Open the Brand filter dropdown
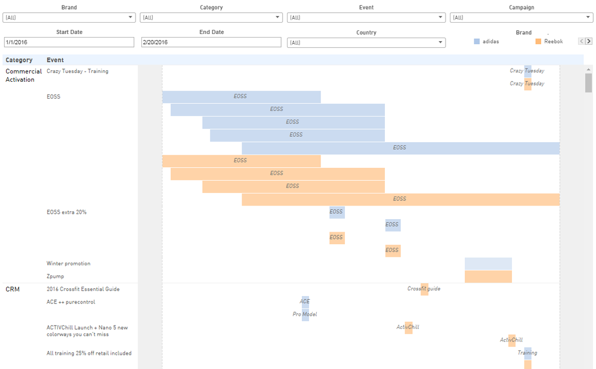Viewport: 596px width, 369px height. pyautogui.click(x=69, y=17)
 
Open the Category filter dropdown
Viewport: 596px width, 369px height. pyautogui.click(x=211, y=17)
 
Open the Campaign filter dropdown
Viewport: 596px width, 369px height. pyautogui.click(x=521, y=17)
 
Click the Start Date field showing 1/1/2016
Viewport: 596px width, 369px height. pyautogui.click(x=69, y=42)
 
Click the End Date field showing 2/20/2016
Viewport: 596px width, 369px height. pyautogui.click(x=211, y=42)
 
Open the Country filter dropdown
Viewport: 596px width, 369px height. pyautogui.click(x=366, y=42)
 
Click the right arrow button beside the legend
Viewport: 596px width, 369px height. pyautogui.click(x=589, y=41)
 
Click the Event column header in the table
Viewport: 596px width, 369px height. pyautogui.click(x=55, y=60)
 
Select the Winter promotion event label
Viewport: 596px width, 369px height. pyautogui.click(x=69, y=263)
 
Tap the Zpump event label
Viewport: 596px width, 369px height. pyautogui.click(x=55, y=276)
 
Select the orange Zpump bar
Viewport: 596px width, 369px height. pyautogui.click(x=488, y=276)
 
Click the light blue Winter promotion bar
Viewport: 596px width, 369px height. pyautogui.click(x=488, y=263)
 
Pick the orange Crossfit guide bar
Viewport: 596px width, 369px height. pyautogui.click(x=424, y=289)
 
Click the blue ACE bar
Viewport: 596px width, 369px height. pyautogui.click(x=305, y=302)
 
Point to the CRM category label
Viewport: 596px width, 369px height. pyautogui.click(x=13, y=289)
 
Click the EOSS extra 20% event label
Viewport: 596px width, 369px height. pyautogui.click(x=67, y=212)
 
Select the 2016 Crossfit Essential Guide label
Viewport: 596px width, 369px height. pyautogui.click(x=83, y=289)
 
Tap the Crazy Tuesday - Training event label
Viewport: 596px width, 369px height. pyautogui.click(x=78, y=71)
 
